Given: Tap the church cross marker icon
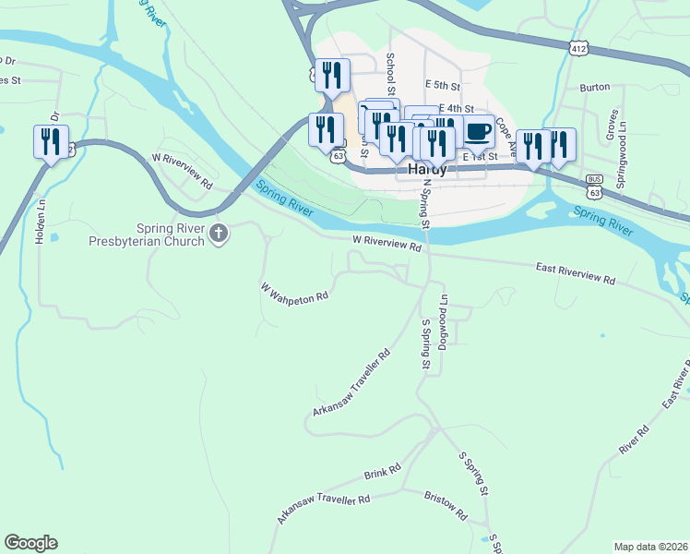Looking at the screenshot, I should coord(219,235).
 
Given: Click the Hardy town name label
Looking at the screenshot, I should coord(426,170).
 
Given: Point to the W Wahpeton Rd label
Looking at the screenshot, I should coord(295,293).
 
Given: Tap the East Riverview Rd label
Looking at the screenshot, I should coord(576,272).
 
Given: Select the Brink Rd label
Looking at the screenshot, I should coord(382,472).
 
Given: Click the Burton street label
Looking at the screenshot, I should coord(595,87).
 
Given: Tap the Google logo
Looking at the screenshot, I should coord(30,543).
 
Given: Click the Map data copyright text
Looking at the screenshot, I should coord(650,547).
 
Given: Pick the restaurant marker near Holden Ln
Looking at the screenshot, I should coord(48,141).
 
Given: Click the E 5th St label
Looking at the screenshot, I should coord(443,83).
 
